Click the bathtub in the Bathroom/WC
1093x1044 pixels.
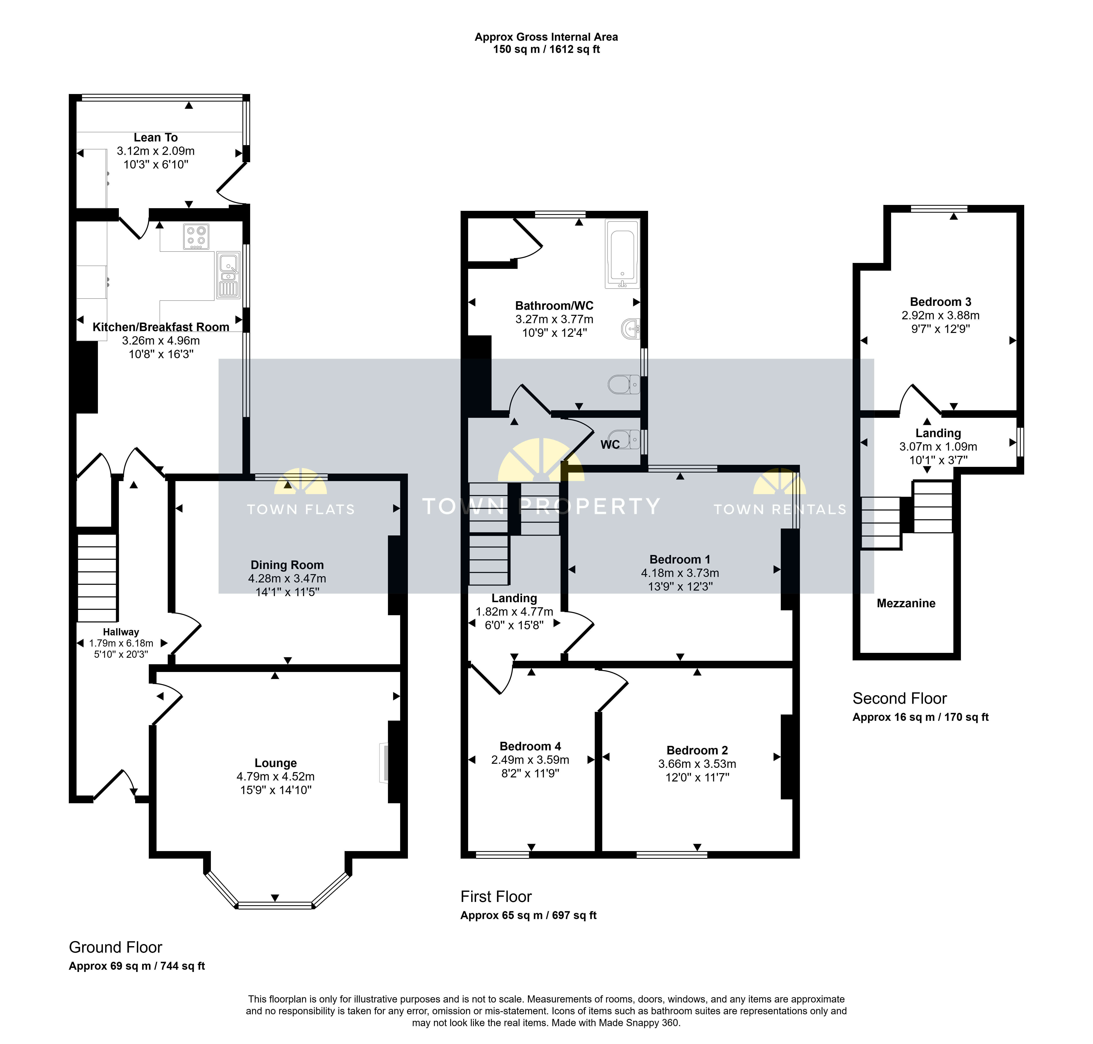point(622,253)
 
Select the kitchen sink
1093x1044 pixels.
point(228,276)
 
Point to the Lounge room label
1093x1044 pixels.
point(275,763)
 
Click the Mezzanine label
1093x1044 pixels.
point(906,603)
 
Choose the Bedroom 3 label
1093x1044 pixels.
point(941,302)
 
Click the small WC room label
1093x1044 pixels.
point(610,445)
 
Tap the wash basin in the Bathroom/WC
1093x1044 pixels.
point(631,329)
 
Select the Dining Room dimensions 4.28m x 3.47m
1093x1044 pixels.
point(287,579)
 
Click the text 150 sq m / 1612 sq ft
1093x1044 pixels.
point(546,49)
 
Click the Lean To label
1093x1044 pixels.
point(156,137)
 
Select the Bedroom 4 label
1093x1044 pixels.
point(530,746)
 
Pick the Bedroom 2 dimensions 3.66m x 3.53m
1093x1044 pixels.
point(697,764)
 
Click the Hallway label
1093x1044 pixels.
point(121,632)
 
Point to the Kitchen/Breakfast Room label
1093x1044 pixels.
point(161,327)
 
